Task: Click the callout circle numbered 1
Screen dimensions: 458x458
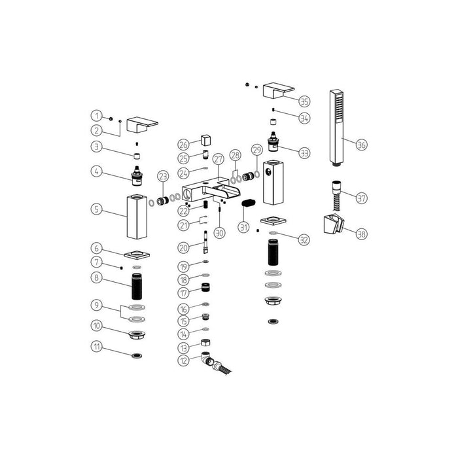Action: point(97,116)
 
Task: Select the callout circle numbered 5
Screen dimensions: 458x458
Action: point(97,209)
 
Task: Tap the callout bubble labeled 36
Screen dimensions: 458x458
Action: point(362,146)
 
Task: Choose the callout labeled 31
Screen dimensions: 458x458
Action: point(244,227)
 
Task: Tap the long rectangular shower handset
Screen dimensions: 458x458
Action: point(336,128)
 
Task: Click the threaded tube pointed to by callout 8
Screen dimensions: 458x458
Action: point(138,286)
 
